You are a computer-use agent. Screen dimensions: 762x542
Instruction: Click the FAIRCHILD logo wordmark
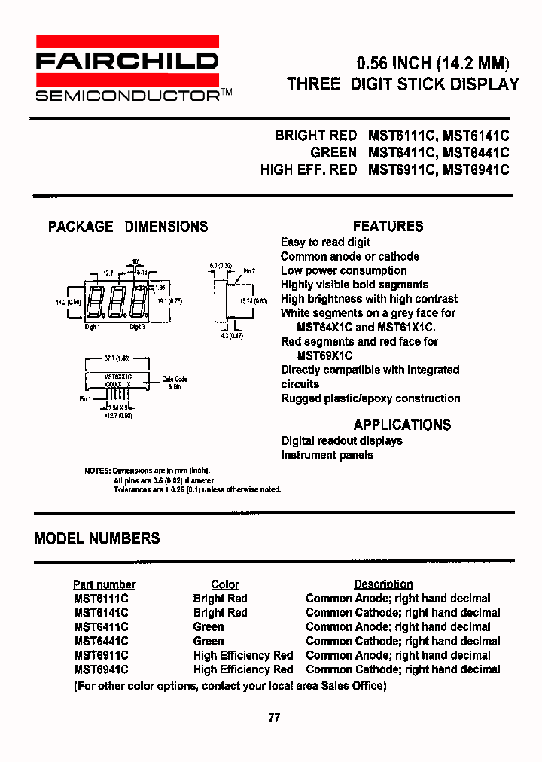point(127,61)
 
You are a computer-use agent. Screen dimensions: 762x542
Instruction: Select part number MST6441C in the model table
point(101,641)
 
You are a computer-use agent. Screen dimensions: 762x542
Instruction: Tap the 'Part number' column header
point(104,584)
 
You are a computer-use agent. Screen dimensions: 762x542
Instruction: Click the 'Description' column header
point(383,584)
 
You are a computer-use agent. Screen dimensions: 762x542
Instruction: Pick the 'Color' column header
point(224,584)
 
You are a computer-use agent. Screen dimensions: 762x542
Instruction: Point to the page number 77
point(274,718)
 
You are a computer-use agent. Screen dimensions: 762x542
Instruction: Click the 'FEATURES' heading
point(388,226)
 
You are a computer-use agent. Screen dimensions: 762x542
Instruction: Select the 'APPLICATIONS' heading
point(402,425)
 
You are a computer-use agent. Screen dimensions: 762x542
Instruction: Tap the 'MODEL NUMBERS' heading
point(97,538)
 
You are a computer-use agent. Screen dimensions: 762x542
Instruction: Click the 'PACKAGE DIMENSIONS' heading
point(128,227)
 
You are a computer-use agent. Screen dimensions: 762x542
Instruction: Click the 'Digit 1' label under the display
point(91,327)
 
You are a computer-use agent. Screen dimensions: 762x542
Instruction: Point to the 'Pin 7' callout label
point(248,271)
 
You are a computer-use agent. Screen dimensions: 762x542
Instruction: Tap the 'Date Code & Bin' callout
point(174,383)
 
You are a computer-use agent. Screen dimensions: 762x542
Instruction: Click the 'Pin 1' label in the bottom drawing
point(85,399)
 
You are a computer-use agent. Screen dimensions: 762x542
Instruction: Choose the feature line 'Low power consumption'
point(343,270)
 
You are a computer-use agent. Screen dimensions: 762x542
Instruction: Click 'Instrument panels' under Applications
point(327,455)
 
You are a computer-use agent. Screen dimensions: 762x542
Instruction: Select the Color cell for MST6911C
point(242,655)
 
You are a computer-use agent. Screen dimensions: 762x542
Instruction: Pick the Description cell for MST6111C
point(397,599)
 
